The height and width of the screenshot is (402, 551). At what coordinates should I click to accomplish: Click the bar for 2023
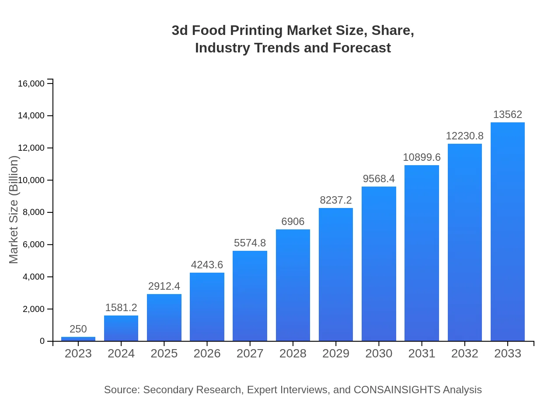78,339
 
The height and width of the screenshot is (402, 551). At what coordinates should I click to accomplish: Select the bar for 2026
207,307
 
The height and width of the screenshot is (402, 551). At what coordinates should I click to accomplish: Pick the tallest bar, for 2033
508,232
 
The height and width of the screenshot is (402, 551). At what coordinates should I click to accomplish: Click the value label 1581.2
121,308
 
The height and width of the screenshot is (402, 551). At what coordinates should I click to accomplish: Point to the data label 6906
293,222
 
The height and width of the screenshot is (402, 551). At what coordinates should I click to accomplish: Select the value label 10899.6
422,157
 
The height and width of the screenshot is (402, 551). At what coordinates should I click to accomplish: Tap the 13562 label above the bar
508,114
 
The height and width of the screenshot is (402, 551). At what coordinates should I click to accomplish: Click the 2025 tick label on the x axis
164,353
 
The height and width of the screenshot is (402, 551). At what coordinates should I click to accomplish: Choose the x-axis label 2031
422,353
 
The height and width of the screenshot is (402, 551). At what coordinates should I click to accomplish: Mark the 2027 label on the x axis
250,353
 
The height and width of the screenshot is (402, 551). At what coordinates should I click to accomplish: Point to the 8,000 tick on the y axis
31,212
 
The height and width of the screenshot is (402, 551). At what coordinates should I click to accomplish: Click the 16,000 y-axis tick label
31,83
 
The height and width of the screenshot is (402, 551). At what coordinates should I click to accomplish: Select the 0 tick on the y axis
42,341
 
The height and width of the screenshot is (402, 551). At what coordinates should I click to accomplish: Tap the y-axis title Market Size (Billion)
14,210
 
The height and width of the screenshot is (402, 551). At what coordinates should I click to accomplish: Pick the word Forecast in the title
362,48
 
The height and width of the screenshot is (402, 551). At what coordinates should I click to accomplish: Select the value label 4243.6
207,265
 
